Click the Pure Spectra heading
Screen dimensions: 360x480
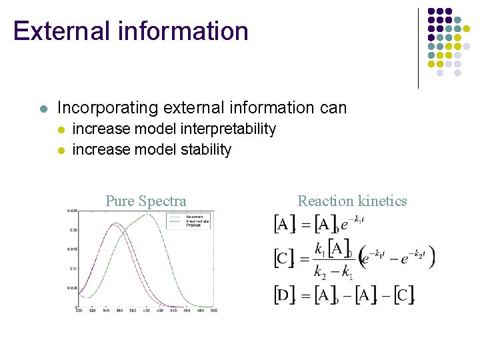(x=145, y=201)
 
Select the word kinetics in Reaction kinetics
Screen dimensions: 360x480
(x=381, y=201)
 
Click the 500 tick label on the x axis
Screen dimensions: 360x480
(x=213, y=311)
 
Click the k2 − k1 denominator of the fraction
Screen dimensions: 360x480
(x=333, y=272)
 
